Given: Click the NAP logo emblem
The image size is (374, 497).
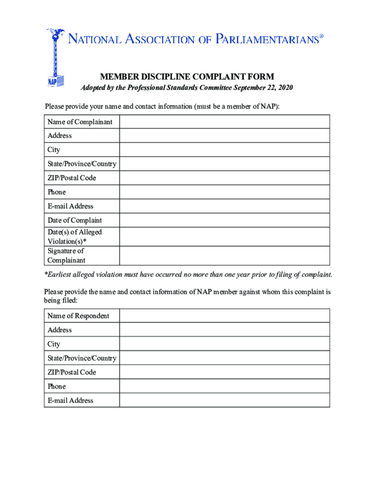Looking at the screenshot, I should pyautogui.click(x=55, y=58).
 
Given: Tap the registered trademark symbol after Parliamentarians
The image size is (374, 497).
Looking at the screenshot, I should pyautogui.click(x=321, y=35).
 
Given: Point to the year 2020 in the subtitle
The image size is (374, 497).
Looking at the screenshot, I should pyautogui.click(x=284, y=88).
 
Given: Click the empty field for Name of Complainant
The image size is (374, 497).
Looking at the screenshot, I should pyautogui.click(x=224, y=121).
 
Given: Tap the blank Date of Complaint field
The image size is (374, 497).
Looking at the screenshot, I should pyautogui.click(x=224, y=220).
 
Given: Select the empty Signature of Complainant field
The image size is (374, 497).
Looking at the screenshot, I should pyautogui.click(x=224, y=255).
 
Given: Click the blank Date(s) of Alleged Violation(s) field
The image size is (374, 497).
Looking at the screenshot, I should pyautogui.click(x=224, y=236).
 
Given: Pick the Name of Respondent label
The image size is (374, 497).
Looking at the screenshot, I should pyautogui.click(x=78, y=316).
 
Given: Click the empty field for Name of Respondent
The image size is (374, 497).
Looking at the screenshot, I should pyautogui.click(x=224, y=315).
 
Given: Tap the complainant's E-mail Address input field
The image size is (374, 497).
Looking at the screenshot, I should pyautogui.click(x=224, y=206).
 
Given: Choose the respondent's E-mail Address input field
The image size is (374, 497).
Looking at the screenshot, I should pyautogui.click(x=224, y=400).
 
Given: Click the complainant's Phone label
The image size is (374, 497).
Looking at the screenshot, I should pyautogui.click(x=57, y=192).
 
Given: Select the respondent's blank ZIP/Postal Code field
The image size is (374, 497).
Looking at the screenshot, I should pyautogui.click(x=224, y=372).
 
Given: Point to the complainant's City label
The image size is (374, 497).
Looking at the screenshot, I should pyautogui.click(x=54, y=150).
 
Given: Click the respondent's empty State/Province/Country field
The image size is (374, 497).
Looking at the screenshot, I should pyautogui.click(x=224, y=358).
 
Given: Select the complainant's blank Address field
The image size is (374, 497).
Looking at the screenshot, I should pyautogui.click(x=224, y=135).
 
